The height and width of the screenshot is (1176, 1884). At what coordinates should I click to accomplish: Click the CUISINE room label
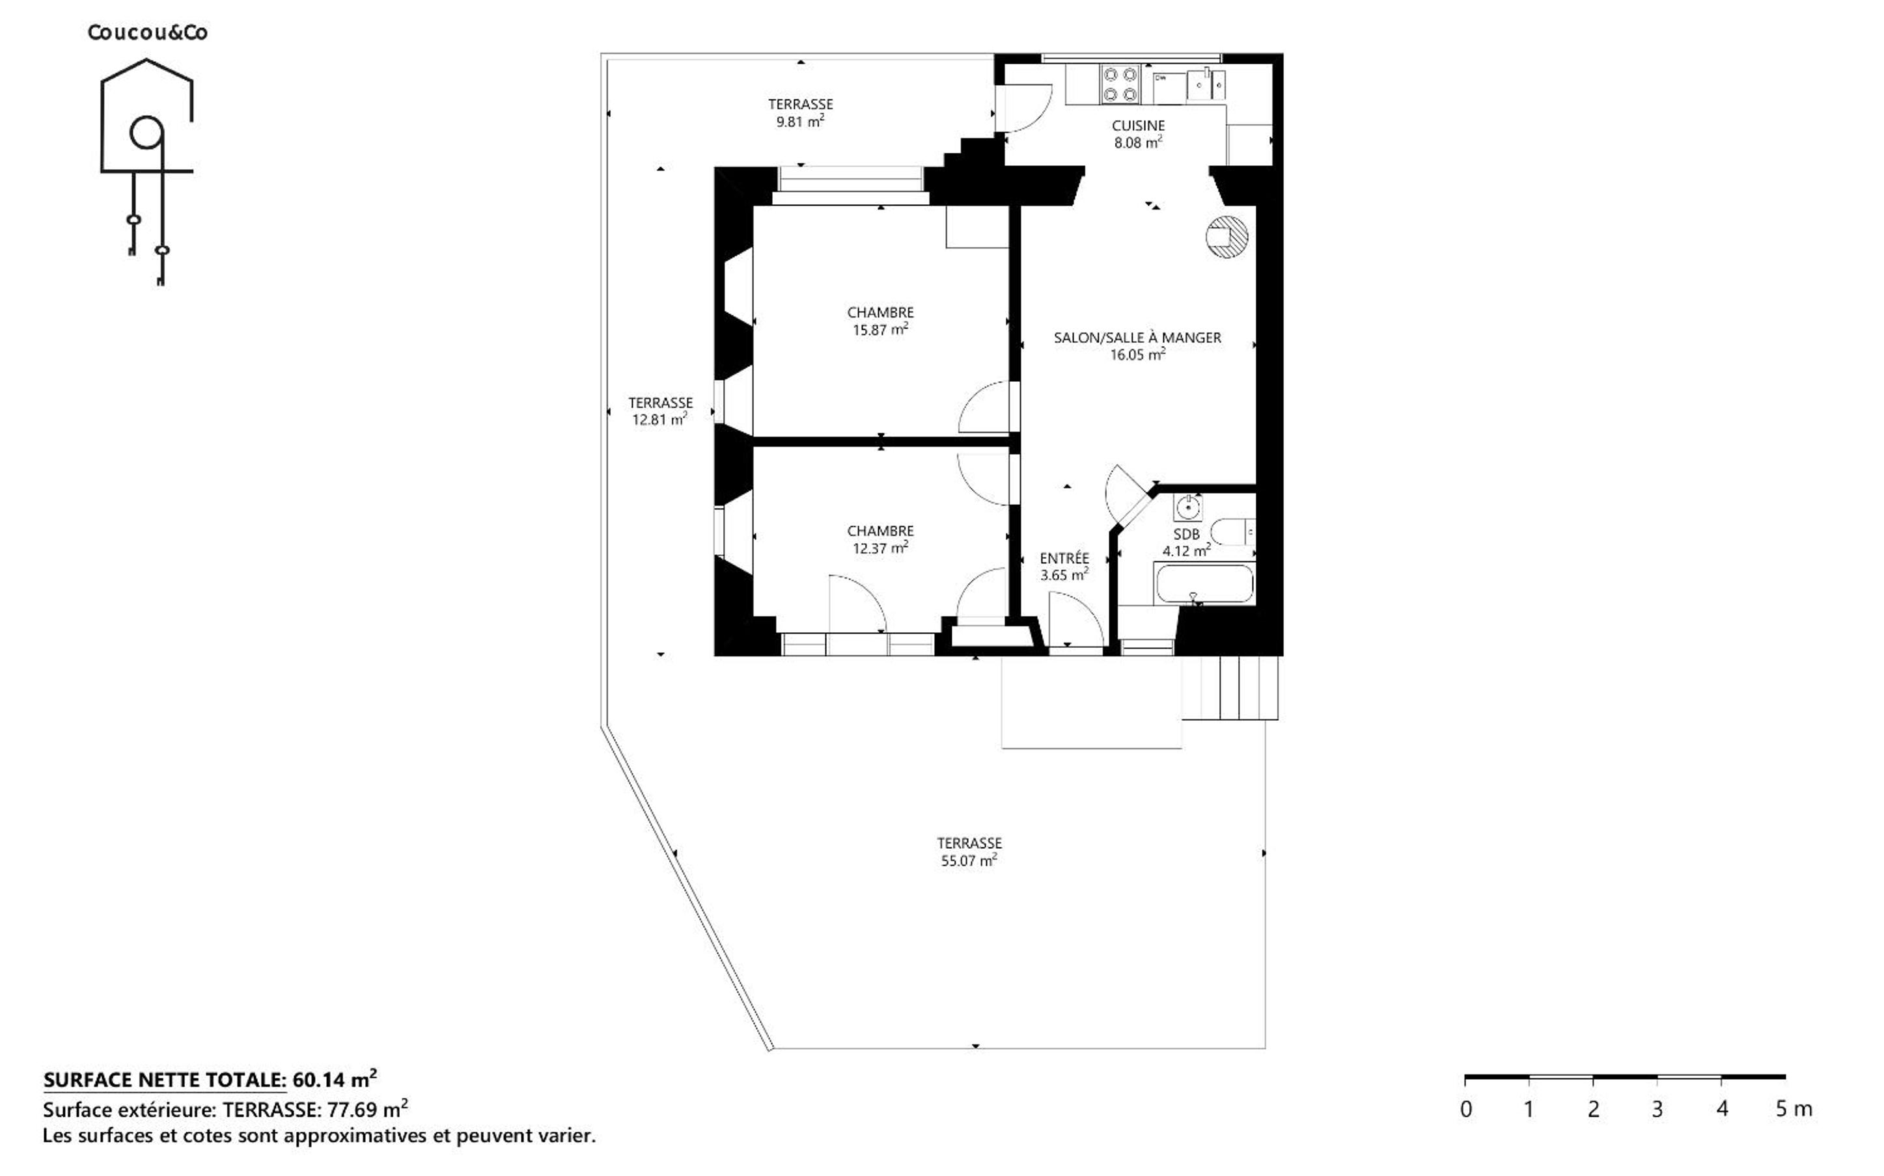(1138, 126)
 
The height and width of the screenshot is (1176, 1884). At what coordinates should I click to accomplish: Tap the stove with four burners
(1120, 85)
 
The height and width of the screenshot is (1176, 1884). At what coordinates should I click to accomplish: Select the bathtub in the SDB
(1204, 583)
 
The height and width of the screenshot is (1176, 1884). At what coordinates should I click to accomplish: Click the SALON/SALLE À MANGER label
(1138, 338)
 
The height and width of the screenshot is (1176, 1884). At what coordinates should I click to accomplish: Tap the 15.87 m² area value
(880, 329)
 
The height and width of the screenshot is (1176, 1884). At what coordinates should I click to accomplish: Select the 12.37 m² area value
(880, 548)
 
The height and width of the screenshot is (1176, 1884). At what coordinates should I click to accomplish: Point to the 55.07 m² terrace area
(969, 861)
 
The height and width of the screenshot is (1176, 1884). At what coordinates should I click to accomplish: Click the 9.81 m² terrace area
(800, 122)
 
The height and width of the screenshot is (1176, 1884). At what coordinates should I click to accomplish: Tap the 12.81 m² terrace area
(659, 420)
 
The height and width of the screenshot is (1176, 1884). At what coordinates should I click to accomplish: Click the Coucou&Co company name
(147, 33)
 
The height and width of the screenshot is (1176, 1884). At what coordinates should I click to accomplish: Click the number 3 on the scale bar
(1657, 1109)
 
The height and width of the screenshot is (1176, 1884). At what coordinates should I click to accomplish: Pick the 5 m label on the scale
(1794, 1109)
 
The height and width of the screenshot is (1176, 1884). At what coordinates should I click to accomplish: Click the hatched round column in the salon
(1227, 235)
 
